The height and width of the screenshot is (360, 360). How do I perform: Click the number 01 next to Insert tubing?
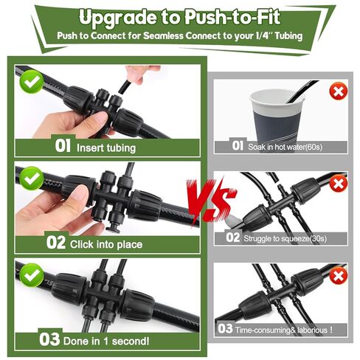tap(63, 147)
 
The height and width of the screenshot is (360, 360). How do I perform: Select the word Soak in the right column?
tap(258, 146)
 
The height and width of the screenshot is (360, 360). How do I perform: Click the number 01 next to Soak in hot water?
tap(238, 146)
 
